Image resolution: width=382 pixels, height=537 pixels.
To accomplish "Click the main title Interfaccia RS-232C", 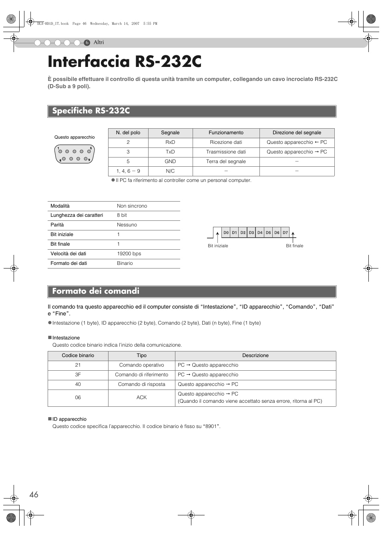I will click(x=125, y=62).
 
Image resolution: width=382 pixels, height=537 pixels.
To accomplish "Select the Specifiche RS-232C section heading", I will click(x=91, y=111).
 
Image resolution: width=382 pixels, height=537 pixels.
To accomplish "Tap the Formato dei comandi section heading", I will click(x=96, y=291).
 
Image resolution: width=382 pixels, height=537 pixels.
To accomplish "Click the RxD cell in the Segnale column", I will click(x=170, y=142).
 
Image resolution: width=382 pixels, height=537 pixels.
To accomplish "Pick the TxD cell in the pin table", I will click(x=170, y=152).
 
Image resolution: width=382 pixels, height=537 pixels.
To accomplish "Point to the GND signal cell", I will click(x=170, y=162).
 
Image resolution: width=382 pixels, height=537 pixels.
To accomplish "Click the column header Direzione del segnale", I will click(x=297, y=133).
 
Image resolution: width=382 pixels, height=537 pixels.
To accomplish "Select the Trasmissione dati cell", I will click(x=226, y=152).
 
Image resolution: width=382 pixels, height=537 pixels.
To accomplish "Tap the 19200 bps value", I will click(x=129, y=254).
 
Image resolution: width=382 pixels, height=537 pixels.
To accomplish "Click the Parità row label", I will click(x=57, y=225).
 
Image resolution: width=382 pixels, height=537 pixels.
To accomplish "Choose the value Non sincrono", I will click(x=132, y=206).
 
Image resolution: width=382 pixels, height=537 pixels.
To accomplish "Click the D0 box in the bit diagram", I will click(x=226, y=232).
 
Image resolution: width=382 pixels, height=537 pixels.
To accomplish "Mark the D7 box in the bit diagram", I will click(x=285, y=232).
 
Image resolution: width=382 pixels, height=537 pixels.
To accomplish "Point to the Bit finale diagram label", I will click(x=294, y=246).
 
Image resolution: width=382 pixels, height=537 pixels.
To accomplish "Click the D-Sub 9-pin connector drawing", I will click(x=74, y=154).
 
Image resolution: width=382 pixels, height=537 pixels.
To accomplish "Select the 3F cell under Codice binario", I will click(x=78, y=375).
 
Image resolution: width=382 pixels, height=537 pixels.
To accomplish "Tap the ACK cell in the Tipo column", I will click(x=141, y=398).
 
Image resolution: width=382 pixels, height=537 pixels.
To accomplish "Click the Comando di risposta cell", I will click(x=141, y=384).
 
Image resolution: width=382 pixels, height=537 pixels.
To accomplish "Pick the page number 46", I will click(x=34, y=495).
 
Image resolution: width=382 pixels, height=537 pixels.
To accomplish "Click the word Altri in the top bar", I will click(x=99, y=42).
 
